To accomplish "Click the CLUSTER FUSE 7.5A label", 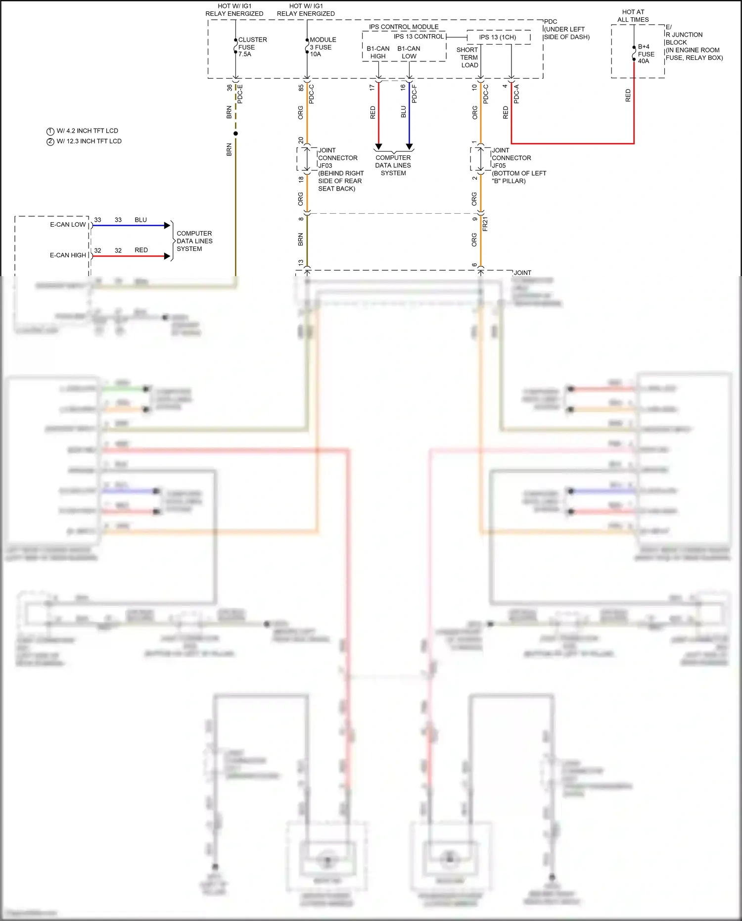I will coord(252,47).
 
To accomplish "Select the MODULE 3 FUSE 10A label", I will coord(323,47).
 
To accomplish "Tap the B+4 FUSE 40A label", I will coord(646,54).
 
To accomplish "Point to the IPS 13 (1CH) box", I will coord(498,37).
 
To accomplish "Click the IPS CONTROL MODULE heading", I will coord(404,27).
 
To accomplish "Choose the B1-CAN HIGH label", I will coord(378,52).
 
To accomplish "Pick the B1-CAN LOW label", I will coord(409,52).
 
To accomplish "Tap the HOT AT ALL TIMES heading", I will coord(633,16).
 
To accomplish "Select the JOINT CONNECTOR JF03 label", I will coord(337,158).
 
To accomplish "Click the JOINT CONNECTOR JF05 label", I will coord(511,158).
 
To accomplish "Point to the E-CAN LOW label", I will coord(68,225).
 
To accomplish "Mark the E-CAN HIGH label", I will coord(68,255).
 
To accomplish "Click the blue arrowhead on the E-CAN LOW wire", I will coord(167,226).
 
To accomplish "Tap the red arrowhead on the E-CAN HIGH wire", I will coord(167,256).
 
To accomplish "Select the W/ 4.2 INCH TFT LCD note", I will coord(87,131).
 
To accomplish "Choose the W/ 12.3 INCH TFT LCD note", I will coord(89,142).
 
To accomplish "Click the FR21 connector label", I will coord(485,224).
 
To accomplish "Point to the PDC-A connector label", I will coord(516,94).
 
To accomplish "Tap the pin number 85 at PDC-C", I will coord(301,88).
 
